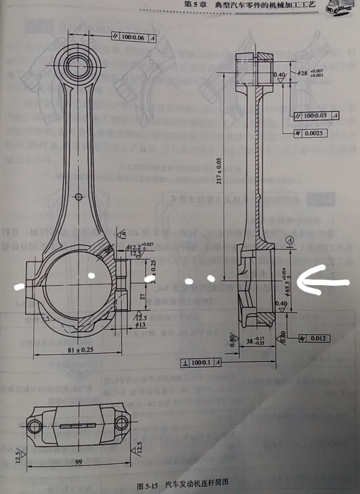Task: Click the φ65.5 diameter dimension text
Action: click(296, 280)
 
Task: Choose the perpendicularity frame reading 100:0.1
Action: click(202, 362)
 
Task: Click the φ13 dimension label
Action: click(140, 325)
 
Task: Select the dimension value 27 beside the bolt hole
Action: click(142, 297)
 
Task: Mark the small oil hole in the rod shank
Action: click(80, 196)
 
